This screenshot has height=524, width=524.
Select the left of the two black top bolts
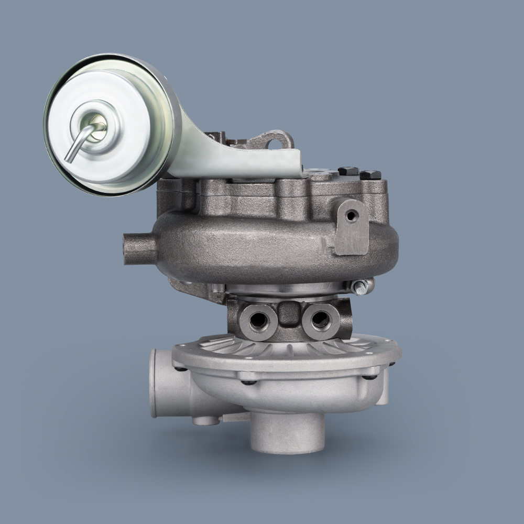[348, 171]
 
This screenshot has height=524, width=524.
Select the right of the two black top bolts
[370, 174]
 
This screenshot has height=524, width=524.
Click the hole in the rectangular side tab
[350, 214]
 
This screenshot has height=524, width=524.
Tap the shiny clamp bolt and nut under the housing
[362, 287]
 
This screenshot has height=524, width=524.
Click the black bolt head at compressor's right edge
[371, 376]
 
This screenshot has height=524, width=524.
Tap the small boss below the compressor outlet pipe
[205, 420]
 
